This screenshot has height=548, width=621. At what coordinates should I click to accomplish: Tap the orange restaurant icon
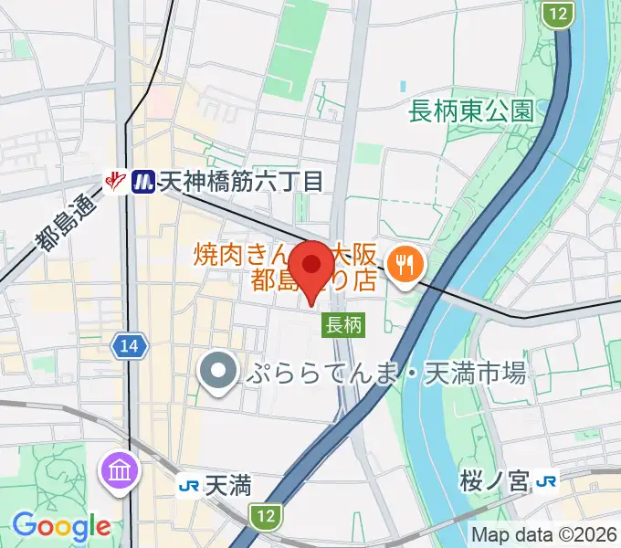click(402, 265)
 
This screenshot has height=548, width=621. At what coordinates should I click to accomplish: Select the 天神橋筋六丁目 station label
click(241, 182)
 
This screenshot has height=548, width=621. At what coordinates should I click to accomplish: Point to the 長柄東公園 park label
click(471, 111)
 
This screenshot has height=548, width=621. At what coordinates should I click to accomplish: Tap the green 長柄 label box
click(343, 323)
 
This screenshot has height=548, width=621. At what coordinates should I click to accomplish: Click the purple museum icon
click(122, 471)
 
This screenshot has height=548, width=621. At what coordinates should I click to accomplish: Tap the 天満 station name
click(228, 485)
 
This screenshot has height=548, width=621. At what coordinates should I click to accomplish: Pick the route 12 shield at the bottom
click(265, 516)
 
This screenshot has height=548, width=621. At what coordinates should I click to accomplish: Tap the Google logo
click(60, 525)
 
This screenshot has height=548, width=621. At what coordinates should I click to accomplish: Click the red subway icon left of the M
click(116, 182)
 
